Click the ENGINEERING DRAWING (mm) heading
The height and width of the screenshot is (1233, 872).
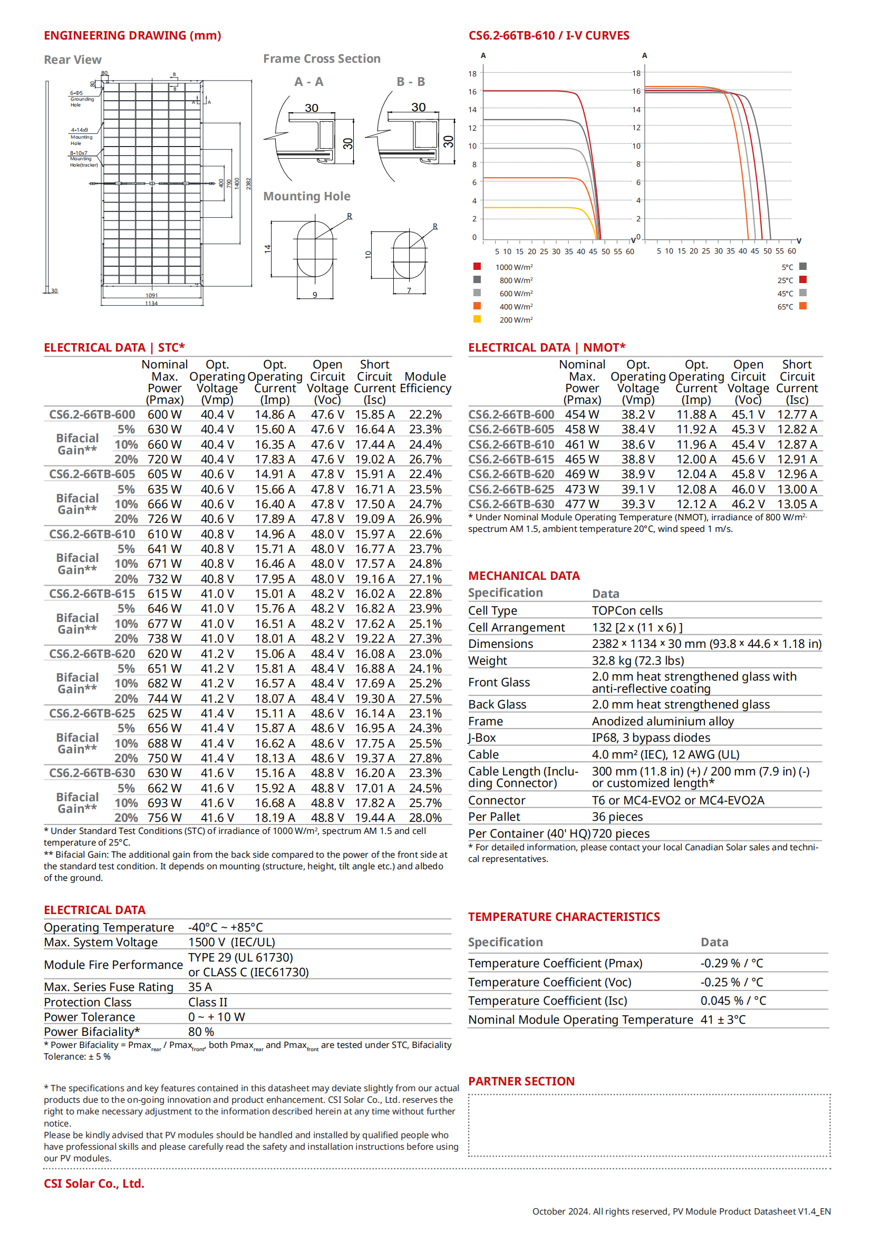coord(132,35)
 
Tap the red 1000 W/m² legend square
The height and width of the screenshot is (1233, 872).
coord(477,266)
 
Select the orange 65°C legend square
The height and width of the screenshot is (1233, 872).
coord(803,306)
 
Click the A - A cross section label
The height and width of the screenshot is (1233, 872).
coord(309,82)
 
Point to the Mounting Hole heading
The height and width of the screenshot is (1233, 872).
coord(307,197)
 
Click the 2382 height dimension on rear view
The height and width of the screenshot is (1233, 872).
coord(249,183)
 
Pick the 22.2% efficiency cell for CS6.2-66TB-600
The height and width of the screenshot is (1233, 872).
coord(425,414)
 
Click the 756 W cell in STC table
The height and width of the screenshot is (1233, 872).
coord(164,818)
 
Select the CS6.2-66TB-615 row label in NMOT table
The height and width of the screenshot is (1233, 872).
coord(511,460)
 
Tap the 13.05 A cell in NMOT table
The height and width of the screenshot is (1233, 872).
coord(797,504)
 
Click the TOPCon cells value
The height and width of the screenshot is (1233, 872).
coord(627,610)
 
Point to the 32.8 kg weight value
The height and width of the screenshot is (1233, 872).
coord(638,661)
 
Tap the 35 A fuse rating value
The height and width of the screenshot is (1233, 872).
coord(200,987)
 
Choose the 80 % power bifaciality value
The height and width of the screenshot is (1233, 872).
coord(201,1032)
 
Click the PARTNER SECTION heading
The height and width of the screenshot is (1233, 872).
coord(521,1082)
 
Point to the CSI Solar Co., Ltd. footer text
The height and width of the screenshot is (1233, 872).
coord(94,1183)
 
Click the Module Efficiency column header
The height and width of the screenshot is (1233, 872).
coord(425,382)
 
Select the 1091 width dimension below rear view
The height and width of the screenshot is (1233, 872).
coord(151,295)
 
